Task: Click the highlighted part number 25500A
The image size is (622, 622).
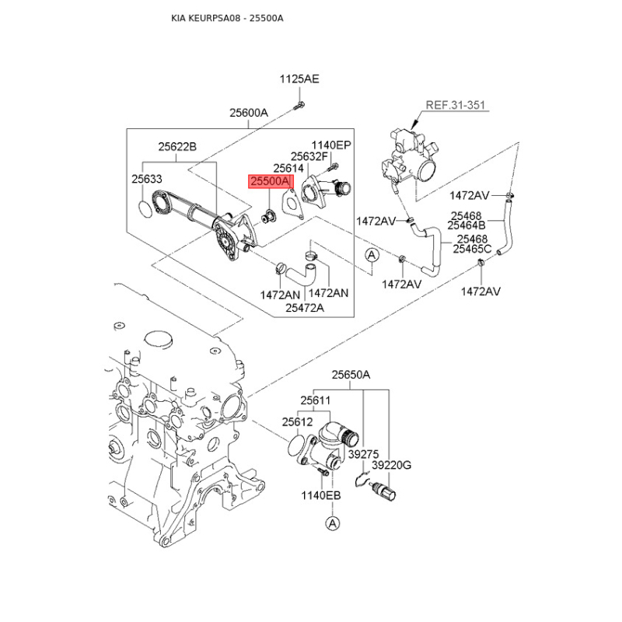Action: point(271,181)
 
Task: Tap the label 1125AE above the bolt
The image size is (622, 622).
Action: point(299,79)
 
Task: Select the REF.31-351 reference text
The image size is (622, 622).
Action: point(456,105)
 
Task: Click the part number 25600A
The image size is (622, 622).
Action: point(249,113)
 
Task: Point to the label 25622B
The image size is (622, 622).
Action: point(177,147)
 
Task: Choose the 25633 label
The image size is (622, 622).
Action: point(147,179)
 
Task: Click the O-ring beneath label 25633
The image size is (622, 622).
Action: point(145,209)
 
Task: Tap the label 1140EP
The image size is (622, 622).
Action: point(331,145)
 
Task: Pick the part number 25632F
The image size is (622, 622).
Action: point(309,157)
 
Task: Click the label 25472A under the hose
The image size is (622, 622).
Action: point(305,307)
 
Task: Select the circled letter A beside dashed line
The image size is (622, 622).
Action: point(372,255)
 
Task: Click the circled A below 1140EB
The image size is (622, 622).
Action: point(333,523)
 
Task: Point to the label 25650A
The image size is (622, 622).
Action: point(351,375)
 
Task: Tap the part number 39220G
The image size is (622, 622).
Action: point(392,464)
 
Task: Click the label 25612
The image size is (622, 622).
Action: point(298,422)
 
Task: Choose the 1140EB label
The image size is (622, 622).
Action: point(321,495)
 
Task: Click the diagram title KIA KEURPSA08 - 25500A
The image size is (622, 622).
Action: point(227,18)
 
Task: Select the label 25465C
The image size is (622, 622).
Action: point(472,249)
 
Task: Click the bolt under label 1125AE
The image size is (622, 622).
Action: point(299,106)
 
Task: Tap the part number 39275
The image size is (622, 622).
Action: point(363,454)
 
